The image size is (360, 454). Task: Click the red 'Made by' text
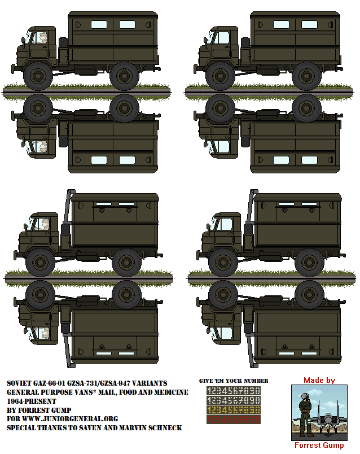pyautogui.click(x=319, y=381)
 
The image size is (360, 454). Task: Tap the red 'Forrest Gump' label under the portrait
pyautogui.click(x=319, y=446)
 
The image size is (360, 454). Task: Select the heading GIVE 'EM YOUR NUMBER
pyautogui.click(x=234, y=381)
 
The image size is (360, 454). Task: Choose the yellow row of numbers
pyautogui.click(x=233, y=410)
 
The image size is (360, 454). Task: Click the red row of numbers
pyautogui.click(x=233, y=420)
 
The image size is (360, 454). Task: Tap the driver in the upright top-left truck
pyautogui.click(x=42, y=38)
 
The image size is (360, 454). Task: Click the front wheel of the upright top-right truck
pyautogui.click(x=221, y=75)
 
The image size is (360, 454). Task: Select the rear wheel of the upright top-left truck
pyautogui.click(x=124, y=75)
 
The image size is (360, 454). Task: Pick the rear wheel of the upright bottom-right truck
pyautogui.click(x=309, y=261)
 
